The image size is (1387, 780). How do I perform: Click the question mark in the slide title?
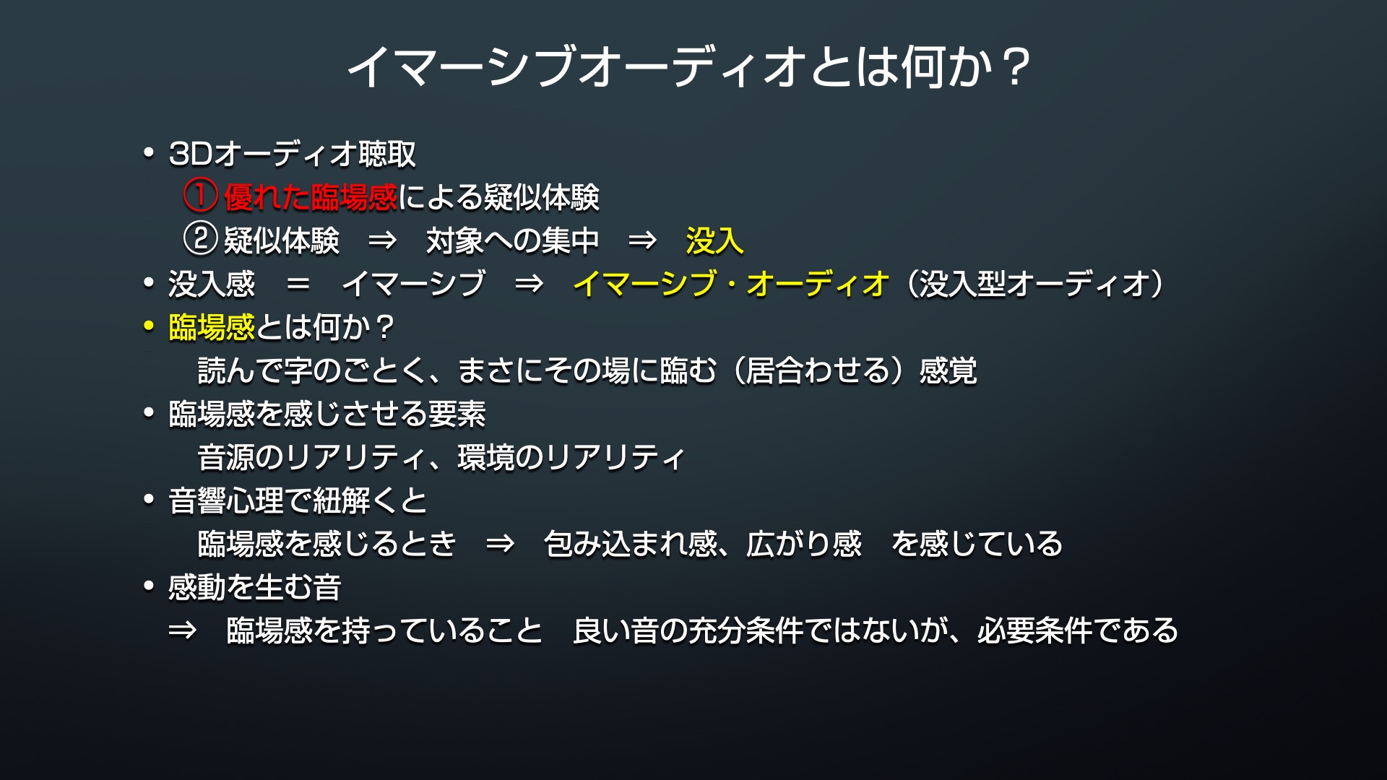click(x=1016, y=66)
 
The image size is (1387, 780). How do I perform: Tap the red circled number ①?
click(x=200, y=197)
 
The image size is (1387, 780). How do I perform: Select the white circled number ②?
click(x=200, y=240)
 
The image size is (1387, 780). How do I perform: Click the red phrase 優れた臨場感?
click(x=311, y=197)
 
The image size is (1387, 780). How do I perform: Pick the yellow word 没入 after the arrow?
click(x=714, y=240)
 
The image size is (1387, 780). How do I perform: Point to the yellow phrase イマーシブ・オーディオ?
click(x=731, y=284)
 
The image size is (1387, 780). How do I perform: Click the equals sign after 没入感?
click(x=298, y=284)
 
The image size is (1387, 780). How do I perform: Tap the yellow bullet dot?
click(x=149, y=327)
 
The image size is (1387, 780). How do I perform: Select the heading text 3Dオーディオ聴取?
click(x=293, y=154)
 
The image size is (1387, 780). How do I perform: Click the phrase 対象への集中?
click(x=512, y=240)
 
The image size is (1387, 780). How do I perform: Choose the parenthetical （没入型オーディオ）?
click(x=1034, y=284)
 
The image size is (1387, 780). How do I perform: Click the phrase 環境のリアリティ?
click(x=571, y=457)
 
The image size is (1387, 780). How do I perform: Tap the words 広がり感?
click(x=804, y=544)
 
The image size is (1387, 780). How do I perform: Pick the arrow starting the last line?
click(x=182, y=630)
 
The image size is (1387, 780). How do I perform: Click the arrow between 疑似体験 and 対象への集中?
click(x=382, y=240)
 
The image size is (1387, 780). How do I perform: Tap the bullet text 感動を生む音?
click(x=255, y=587)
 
